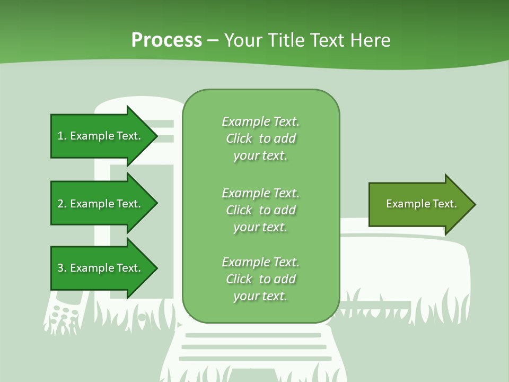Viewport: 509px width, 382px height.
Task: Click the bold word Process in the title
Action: (x=166, y=40)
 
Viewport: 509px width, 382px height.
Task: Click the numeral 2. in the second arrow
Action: (x=62, y=204)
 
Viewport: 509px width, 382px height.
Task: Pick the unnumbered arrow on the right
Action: (x=419, y=204)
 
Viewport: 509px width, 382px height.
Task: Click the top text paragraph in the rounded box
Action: (x=260, y=138)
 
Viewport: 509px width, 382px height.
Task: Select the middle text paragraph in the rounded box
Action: (x=260, y=210)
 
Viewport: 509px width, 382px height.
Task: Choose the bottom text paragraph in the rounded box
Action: (x=260, y=279)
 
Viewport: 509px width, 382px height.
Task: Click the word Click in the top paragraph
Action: (x=239, y=138)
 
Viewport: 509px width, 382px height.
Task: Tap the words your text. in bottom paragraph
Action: (x=260, y=296)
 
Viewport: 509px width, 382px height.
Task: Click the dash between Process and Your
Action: (x=213, y=40)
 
